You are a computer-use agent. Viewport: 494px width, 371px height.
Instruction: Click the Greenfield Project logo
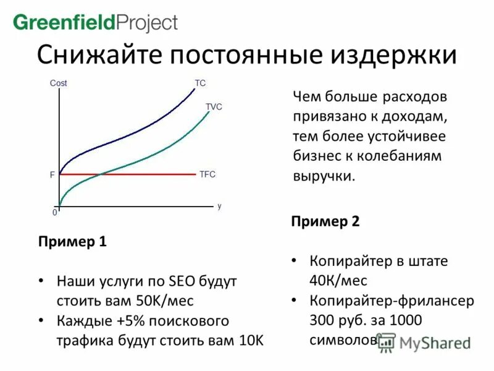pos(95,23)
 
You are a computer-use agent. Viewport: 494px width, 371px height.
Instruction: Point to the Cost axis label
pos(58,83)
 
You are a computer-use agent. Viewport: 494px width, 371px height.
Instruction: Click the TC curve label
pos(200,83)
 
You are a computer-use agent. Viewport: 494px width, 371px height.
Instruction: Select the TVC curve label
pos(214,106)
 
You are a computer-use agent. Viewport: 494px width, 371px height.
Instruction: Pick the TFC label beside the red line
pos(207,174)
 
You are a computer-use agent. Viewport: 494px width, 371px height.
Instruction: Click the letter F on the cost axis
pos(52,175)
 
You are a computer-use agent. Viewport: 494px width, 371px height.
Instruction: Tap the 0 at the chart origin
pos(54,212)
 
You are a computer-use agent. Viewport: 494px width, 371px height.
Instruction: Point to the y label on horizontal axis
pos(219,205)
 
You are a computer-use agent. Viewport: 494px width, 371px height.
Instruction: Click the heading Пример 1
pos(72,242)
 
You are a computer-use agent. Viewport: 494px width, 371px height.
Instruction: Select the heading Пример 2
pos(325,221)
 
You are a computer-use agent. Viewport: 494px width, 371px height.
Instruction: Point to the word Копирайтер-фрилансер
pos(391,301)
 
